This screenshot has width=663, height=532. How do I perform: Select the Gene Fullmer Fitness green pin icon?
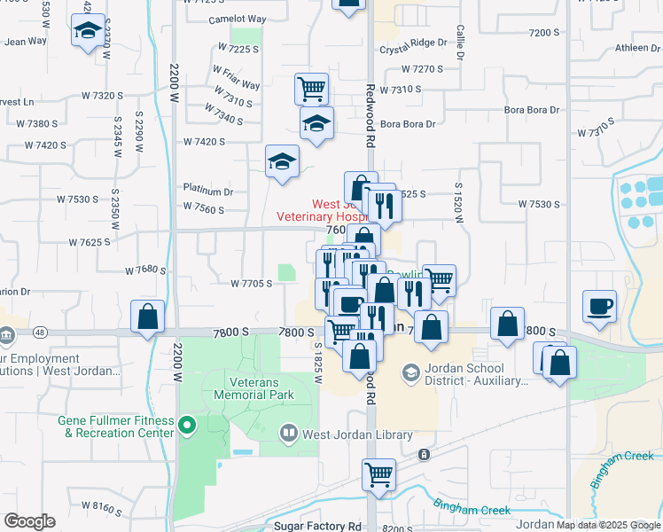point(186,426)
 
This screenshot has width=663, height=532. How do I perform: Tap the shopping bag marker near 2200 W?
point(147,317)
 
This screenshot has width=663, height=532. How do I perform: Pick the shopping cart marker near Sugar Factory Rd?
point(378,473)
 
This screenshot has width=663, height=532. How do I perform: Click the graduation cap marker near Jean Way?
point(88,31)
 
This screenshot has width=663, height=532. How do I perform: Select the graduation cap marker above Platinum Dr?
point(282,161)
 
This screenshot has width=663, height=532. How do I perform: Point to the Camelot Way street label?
point(237,20)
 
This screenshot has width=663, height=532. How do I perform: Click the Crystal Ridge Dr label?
point(413,43)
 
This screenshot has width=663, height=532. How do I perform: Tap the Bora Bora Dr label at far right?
point(532,110)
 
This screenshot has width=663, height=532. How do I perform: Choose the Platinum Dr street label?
point(208,191)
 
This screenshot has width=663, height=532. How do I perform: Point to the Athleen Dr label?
point(632,48)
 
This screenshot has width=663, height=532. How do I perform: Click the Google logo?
point(29,521)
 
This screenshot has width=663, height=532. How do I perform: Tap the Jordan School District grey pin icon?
point(410,373)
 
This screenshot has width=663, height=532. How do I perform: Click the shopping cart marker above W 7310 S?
point(311,88)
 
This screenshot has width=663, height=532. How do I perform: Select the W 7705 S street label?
point(251,284)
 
